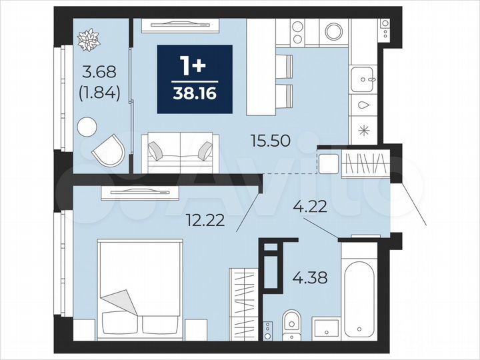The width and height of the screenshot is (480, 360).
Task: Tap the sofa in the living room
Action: (179, 152)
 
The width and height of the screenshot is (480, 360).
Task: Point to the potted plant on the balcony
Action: (88, 40)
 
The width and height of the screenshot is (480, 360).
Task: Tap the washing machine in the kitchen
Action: (331, 31)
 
